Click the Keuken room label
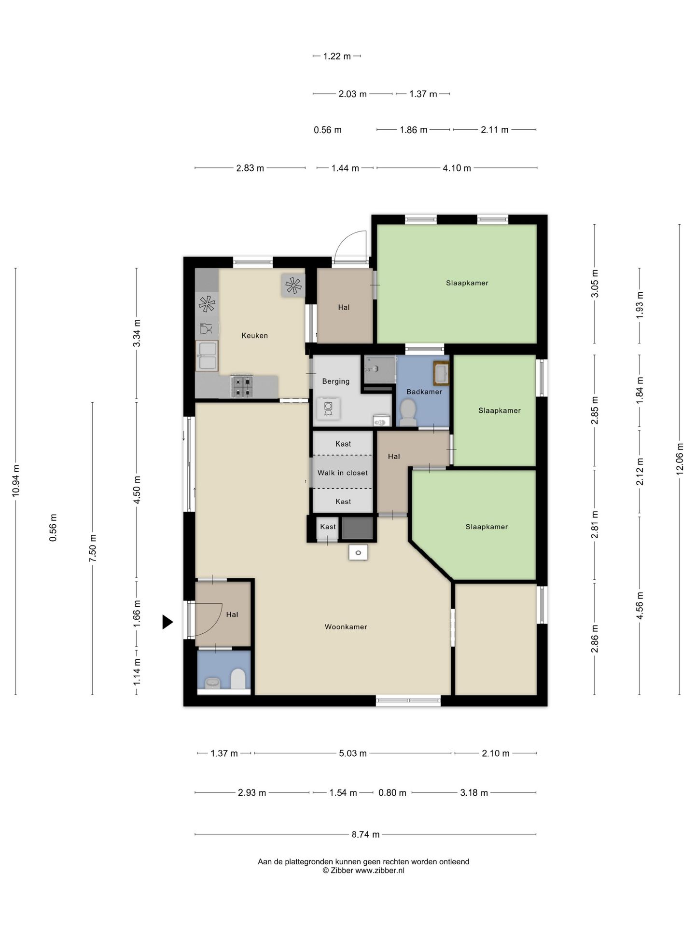click(254, 336)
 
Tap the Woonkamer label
click(346, 627)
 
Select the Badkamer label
click(424, 392)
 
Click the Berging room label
click(336, 381)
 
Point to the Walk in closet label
click(343, 473)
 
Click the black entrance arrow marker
click(167, 622)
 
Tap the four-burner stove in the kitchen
click(241, 386)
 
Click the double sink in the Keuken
click(207, 355)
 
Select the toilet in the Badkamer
click(408, 413)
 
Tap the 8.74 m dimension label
click(365, 834)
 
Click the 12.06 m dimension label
click(680, 459)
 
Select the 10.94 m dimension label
click(16, 481)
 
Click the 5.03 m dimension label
click(353, 753)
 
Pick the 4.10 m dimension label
click(457, 168)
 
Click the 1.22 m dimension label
click(337, 56)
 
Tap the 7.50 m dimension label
click(93, 548)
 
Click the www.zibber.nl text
click(380, 871)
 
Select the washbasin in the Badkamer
click(441, 373)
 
